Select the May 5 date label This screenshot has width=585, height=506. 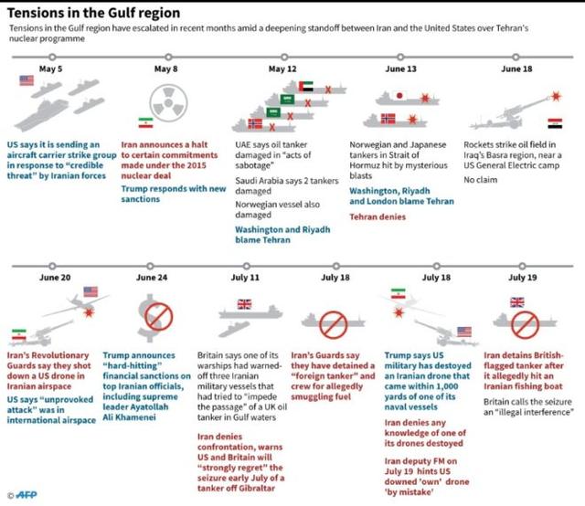50,69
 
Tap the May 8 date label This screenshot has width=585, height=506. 165,69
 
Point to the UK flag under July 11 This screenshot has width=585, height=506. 243,304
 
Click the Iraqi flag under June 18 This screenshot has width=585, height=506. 555,121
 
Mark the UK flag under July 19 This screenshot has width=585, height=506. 517,301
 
